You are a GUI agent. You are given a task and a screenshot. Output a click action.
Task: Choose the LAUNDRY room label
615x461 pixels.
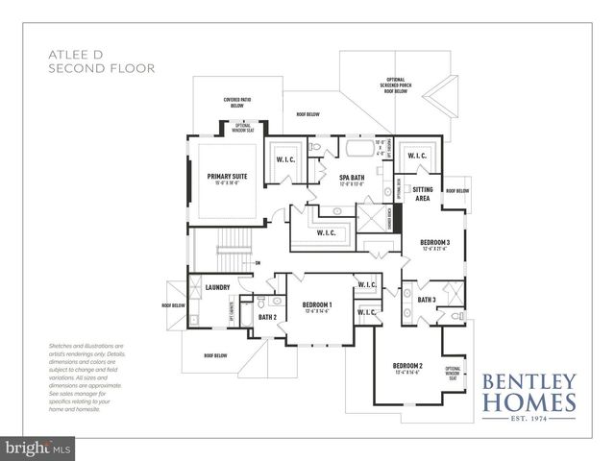tap(217, 286)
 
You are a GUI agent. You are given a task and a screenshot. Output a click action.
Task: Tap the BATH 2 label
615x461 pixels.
tap(267, 317)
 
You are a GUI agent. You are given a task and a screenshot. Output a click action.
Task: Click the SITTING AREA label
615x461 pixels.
tap(423, 194)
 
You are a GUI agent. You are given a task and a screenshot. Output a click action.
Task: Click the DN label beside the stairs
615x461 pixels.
tap(257, 262)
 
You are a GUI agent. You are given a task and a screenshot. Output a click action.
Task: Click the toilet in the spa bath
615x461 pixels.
tap(315, 148)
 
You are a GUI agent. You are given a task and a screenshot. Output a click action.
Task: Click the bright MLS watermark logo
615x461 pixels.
tap(38, 448)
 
